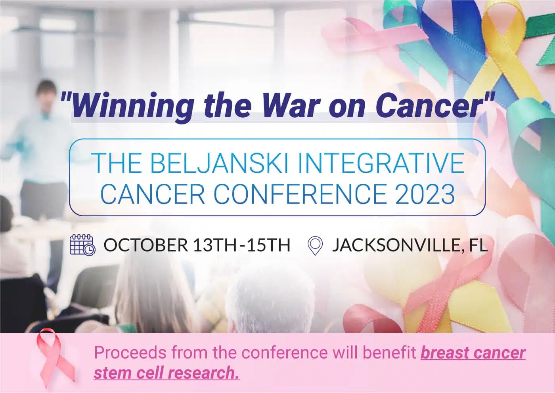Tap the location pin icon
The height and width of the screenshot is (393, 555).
tap(315, 246)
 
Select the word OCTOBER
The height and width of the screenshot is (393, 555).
tap(146, 245)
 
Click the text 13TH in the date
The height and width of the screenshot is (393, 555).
tap(214, 245)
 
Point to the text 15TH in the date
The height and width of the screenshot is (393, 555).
tap(268, 245)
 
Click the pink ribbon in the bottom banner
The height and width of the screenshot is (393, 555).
tap(55, 358)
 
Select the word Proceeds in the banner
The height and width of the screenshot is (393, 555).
tap(130, 352)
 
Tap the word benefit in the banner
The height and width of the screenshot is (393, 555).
tap(389, 352)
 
